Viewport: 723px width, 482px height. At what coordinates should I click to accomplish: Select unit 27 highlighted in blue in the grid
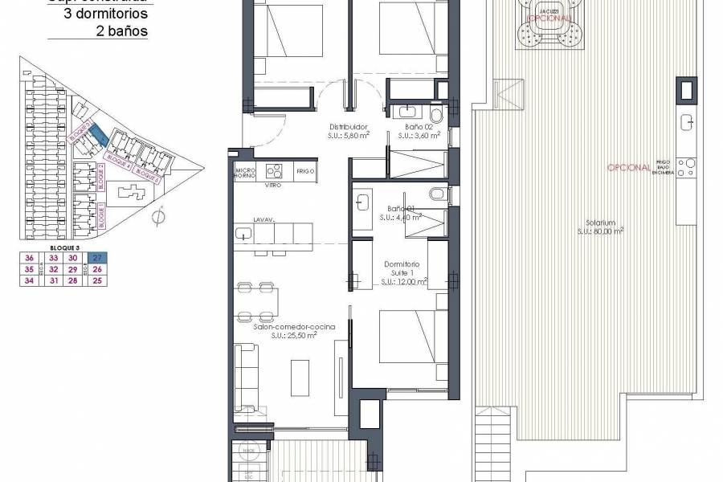[x=98, y=258]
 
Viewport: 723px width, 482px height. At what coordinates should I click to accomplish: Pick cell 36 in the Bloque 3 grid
[x=31, y=258]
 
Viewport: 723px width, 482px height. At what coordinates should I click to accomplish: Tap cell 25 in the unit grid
[x=98, y=280]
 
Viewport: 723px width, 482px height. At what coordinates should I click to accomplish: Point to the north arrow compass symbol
[x=159, y=215]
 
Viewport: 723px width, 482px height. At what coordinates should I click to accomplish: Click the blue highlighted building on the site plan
[x=96, y=134]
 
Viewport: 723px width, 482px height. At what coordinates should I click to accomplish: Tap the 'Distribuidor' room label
[x=349, y=127]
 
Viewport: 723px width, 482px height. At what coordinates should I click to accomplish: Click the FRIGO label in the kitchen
[x=304, y=172]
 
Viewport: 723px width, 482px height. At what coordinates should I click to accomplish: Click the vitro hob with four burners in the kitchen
[x=276, y=171]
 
